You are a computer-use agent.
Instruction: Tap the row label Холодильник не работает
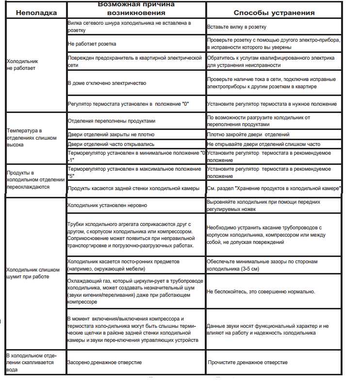click(22, 65)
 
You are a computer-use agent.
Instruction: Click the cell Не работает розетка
click(92, 44)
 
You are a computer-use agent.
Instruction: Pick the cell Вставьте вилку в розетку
click(237, 27)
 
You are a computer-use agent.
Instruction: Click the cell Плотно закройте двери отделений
click(248, 134)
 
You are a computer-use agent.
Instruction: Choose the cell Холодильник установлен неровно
click(107, 205)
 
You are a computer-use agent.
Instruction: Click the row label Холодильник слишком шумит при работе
click(33, 273)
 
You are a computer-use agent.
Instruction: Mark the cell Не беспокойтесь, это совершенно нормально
click(261, 291)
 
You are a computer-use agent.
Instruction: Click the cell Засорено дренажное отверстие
click(105, 362)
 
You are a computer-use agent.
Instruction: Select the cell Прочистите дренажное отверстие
click(247, 362)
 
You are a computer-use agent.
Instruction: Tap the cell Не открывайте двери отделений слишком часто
click(263, 144)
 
